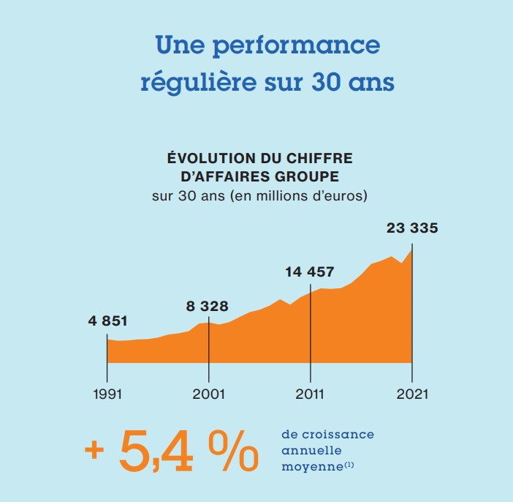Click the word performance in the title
(x=296, y=45)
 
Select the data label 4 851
(x=107, y=321)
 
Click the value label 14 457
(x=309, y=272)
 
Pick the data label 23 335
(x=412, y=228)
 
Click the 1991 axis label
(x=108, y=394)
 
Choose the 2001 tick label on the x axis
(x=209, y=394)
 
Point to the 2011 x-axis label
(x=311, y=394)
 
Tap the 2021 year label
(x=412, y=394)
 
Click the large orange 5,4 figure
(x=156, y=452)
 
